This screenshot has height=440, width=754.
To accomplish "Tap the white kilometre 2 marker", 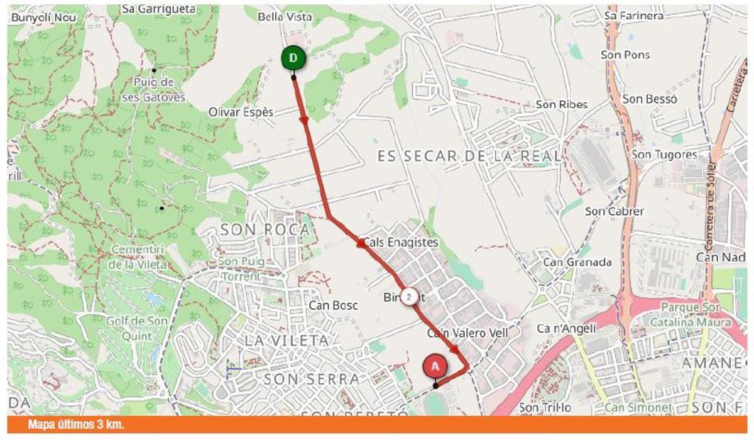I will tap(409, 297).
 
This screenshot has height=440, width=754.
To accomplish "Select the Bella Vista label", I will tap(285, 17).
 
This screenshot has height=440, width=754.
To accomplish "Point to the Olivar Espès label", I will tap(241, 113).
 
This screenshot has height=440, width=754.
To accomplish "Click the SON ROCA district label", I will tap(265, 230).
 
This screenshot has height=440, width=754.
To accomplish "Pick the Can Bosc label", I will tap(332, 305).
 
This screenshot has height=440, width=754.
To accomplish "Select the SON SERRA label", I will tap(312, 379).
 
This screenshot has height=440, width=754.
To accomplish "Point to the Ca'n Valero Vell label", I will tap(467, 333).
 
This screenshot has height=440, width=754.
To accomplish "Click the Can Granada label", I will tap(577, 262).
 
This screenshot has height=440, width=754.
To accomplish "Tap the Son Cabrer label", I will tap(614, 211).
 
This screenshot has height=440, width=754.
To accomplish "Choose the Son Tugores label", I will tap(664, 155).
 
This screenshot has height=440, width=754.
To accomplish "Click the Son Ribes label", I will tap(561, 104).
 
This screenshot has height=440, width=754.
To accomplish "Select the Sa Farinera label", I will tap(633, 16).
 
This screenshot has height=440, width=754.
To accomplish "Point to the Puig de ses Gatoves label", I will tap(160, 89).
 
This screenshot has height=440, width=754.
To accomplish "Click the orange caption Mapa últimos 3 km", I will tap(76, 425).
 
